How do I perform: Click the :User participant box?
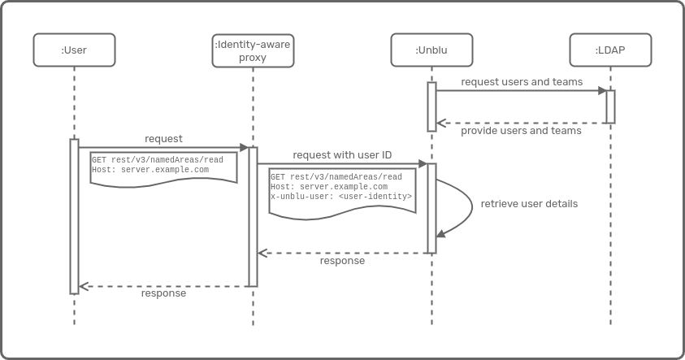74,50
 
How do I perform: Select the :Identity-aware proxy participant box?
253,50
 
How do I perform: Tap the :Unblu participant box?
431,50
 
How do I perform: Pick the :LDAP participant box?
610,50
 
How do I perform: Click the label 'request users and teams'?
521,82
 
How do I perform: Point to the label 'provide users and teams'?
521,131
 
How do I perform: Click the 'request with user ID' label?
342,154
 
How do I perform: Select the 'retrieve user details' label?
529,203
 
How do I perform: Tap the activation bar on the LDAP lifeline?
610,106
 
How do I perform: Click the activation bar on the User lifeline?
74,216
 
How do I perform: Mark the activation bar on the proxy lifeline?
253,216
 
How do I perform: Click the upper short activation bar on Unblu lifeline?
431,106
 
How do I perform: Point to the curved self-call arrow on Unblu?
466,208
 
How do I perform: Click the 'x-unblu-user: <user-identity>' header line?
341,197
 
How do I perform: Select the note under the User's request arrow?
163,167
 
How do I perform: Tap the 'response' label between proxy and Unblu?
342,261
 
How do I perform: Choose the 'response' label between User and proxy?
163,293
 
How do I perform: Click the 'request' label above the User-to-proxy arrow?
163,139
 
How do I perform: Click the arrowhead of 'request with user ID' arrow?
423,163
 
